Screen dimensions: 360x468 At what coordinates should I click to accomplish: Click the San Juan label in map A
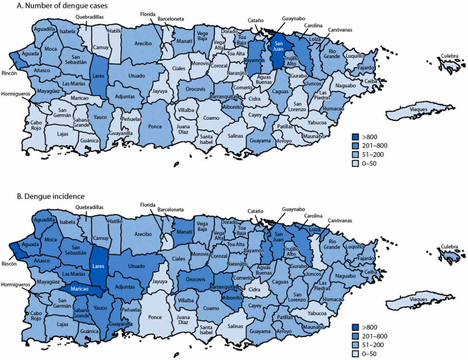click(279, 46)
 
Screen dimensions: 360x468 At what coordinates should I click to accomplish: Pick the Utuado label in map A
click(136, 75)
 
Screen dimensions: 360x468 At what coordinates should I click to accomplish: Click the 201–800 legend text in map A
click(375, 146)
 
